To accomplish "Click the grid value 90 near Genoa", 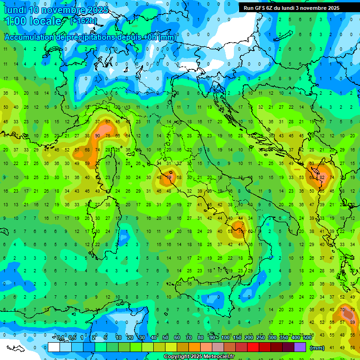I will (97, 135).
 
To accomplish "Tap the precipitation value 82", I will (322, 178).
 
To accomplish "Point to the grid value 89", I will (352, 322).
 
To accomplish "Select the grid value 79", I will (169, 178).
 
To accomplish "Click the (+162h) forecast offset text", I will (83, 21).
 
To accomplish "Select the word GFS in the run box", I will (263, 8).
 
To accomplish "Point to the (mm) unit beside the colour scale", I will (317, 348).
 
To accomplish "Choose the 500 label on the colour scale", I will (307, 337).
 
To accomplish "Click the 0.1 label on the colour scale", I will (60, 337).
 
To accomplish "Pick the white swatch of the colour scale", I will (53, 347).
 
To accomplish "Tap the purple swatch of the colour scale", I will (300, 347).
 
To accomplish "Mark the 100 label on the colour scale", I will (225, 337).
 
